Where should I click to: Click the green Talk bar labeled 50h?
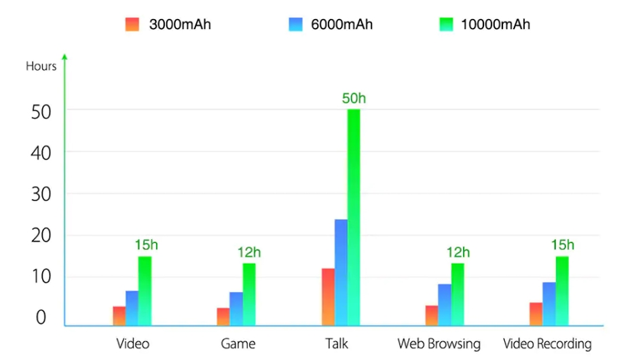point(354,217)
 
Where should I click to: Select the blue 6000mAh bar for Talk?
point(341,272)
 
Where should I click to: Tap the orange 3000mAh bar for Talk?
point(328,297)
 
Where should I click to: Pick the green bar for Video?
point(145,291)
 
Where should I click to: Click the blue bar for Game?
point(236,309)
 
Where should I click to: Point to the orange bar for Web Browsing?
point(432,315)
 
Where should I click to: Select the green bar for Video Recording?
point(562,291)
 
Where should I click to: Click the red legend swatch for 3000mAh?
point(132,24)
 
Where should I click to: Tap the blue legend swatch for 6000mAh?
point(295,24)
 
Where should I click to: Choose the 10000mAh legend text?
point(496,24)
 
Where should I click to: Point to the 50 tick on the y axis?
point(41,111)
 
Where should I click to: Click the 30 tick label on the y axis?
point(41,194)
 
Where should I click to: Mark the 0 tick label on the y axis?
point(41,318)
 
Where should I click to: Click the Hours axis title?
point(41,66)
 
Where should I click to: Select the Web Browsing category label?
point(439,344)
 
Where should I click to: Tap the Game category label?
point(238,344)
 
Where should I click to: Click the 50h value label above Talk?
point(354,98)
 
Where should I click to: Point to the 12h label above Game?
point(249,253)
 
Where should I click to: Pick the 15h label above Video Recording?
point(562,245)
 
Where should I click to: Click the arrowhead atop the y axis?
point(64,56)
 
